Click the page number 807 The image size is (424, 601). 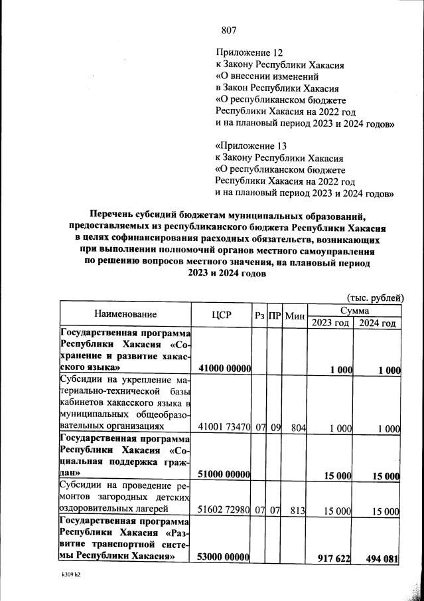(228, 29)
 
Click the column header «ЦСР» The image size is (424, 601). (221, 315)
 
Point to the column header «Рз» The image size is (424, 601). (259, 315)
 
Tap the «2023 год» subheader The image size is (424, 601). (330, 323)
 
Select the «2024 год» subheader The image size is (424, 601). (377, 323)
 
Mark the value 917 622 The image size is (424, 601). (333, 559)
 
